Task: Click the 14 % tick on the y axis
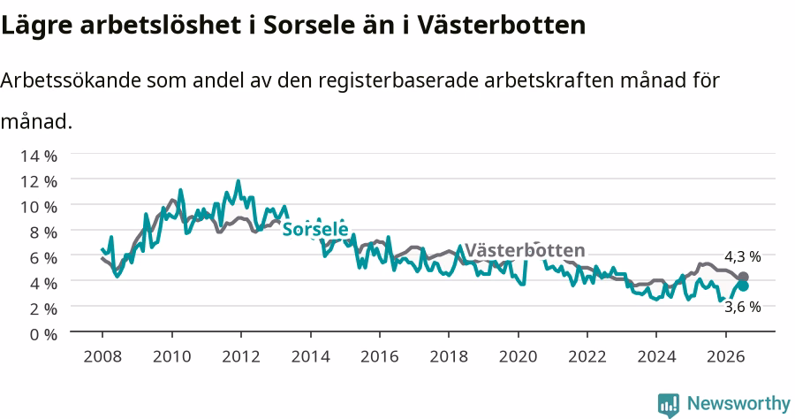(x=39, y=156)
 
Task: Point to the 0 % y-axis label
(x=43, y=334)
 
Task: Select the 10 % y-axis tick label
(x=39, y=207)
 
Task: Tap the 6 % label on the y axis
(x=43, y=258)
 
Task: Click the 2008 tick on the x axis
(x=102, y=356)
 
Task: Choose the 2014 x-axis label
(x=310, y=356)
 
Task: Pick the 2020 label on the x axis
(x=518, y=356)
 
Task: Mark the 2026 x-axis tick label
(x=725, y=356)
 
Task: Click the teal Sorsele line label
(x=315, y=229)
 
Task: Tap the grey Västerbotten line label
(x=525, y=250)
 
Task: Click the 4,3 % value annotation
(x=742, y=256)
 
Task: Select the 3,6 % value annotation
(x=742, y=307)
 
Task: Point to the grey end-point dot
(x=743, y=277)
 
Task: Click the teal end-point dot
(x=743, y=286)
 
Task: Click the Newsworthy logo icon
(x=669, y=405)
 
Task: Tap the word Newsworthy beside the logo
(x=738, y=404)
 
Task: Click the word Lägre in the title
(x=37, y=26)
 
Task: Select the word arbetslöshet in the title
(x=160, y=25)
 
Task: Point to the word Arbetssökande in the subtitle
(x=71, y=80)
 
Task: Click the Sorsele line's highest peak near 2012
(x=238, y=181)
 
